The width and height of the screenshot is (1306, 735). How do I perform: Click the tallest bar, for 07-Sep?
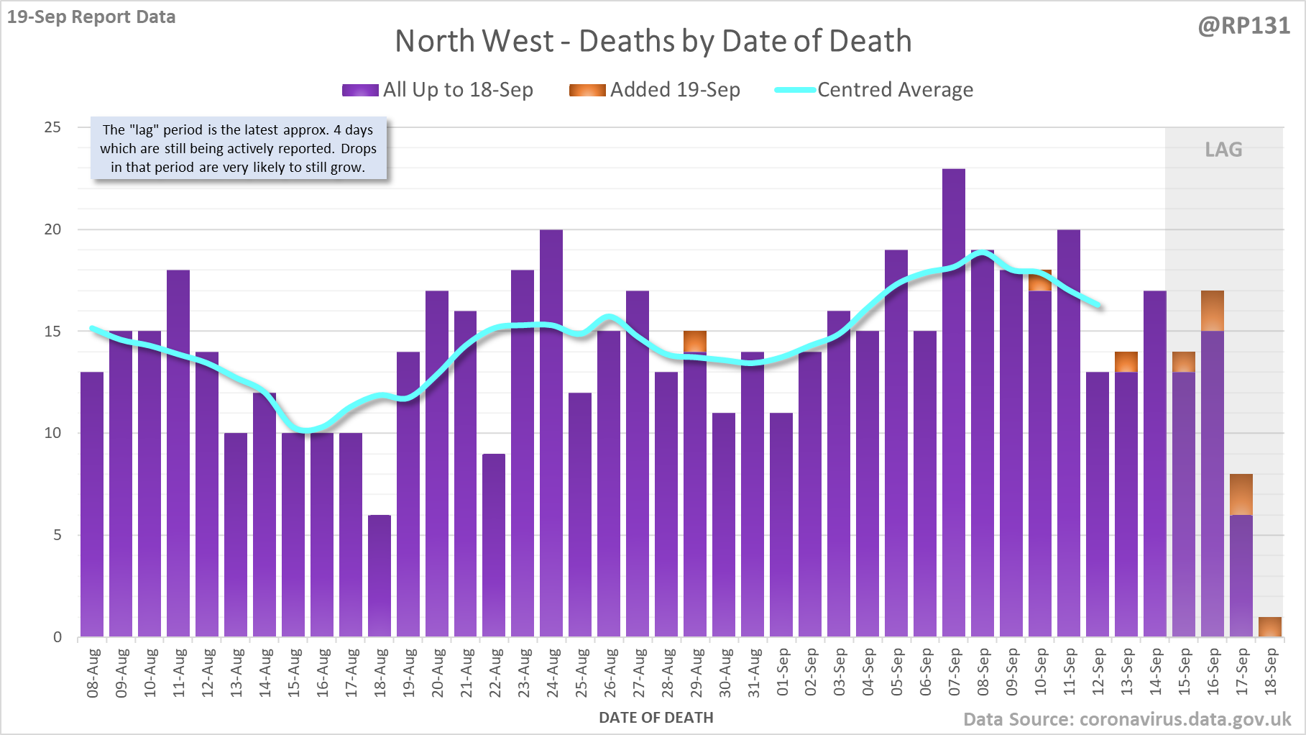954,403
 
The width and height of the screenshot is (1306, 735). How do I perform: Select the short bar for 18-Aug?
380,575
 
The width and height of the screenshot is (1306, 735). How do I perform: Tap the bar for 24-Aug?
551,432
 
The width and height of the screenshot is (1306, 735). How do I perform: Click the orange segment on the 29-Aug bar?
695,341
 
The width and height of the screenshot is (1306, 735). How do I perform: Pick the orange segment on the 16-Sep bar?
1213,311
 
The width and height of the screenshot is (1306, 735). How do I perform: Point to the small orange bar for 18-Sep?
1270,626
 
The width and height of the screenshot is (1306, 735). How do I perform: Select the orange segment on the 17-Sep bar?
1241,494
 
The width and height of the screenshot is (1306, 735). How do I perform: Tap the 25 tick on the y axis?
52,127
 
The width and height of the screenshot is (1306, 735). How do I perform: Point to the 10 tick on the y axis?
52,433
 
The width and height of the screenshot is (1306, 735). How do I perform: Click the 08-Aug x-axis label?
93,672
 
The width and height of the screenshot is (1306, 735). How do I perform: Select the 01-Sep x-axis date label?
783,672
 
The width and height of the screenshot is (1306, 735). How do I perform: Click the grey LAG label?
1223,150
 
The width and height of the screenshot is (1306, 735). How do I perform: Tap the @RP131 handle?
1243,26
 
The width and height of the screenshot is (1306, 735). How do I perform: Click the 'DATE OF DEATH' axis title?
656,718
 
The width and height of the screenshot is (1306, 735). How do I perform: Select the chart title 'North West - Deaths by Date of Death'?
653,41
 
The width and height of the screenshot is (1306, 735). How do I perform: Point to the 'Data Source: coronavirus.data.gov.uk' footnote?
1127,719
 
